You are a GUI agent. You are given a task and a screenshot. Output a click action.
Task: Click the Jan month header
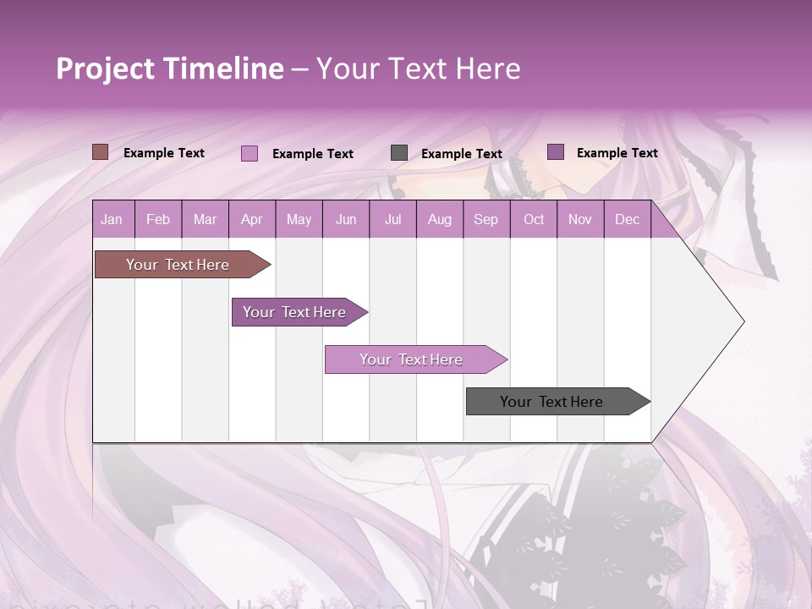point(112,220)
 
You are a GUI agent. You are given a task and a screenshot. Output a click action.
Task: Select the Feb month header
point(158,220)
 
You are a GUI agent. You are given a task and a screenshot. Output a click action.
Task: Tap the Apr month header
point(251,220)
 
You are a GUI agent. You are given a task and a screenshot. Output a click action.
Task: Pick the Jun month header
point(346,220)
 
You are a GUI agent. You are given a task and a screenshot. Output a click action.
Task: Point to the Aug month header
point(439,220)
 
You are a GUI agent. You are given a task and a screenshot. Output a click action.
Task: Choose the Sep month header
point(486,220)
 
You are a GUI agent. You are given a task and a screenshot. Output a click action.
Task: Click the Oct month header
point(534,220)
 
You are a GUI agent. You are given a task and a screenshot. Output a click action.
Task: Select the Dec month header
point(627,220)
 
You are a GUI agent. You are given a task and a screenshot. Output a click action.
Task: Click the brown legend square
point(100,152)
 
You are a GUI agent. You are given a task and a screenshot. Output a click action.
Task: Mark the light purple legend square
point(249,153)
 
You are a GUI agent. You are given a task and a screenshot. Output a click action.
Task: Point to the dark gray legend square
point(399,153)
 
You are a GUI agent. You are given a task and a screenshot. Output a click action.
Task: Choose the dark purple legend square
point(555,152)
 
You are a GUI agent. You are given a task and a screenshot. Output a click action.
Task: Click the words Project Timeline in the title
point(170,69)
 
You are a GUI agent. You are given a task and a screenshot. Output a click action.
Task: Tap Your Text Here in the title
point(418,69)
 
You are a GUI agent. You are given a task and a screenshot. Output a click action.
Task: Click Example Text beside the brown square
point(164,153)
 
